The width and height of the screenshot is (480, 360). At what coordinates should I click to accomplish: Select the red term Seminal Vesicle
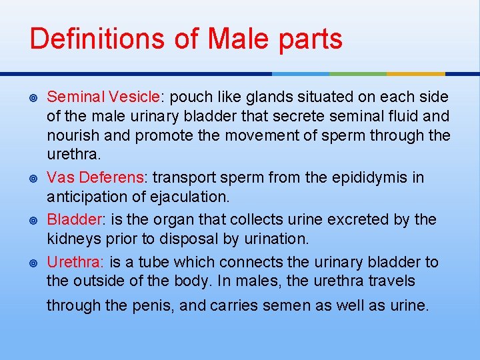coord(103,97)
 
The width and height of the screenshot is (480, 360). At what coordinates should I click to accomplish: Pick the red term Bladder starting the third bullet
coord(71,219)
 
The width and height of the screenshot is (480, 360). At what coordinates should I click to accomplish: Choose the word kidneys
coord(71,239)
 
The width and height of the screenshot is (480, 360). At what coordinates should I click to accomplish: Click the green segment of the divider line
coord(358,73)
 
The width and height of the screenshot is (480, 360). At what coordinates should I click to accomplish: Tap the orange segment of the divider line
coord(416,73)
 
